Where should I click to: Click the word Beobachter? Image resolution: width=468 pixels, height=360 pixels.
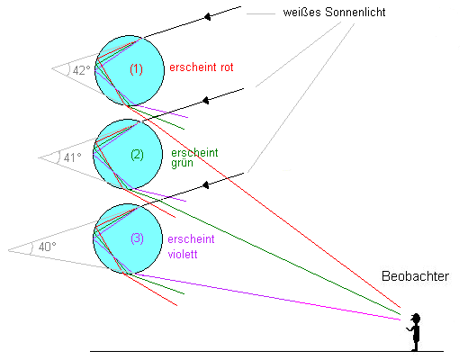[415, 276]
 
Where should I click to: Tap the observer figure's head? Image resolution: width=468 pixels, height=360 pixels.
[416, 319]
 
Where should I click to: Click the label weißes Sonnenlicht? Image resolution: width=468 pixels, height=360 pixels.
[334, 13]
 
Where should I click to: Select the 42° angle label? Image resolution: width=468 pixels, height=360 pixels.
[81, 70]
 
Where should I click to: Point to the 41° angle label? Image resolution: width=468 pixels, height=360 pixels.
[73, 157]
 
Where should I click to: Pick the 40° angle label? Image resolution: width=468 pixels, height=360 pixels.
[48, 247]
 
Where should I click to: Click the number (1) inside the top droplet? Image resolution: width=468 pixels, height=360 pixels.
[136, 69]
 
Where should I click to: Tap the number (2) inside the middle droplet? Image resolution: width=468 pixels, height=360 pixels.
[137, 155]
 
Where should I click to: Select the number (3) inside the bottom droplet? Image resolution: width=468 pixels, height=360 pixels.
[137, 238]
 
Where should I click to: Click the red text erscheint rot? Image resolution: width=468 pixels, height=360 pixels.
[202, 67]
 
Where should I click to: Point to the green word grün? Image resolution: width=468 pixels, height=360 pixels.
[182, 164]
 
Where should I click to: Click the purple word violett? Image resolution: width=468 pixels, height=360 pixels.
[183, 255]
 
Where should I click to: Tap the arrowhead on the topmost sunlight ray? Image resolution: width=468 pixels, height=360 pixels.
[207, 16]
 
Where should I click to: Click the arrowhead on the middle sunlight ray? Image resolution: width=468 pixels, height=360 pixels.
[206, 100]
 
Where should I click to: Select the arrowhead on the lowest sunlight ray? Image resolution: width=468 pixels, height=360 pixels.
[206, 184]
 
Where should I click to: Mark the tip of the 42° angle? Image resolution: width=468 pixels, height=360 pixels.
[52, 68]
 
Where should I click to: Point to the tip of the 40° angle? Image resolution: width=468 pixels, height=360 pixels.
[8, 250]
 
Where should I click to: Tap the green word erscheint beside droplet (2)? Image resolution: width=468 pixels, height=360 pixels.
[194, 153]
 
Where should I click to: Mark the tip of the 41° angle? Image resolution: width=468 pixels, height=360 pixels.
[39, 157]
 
